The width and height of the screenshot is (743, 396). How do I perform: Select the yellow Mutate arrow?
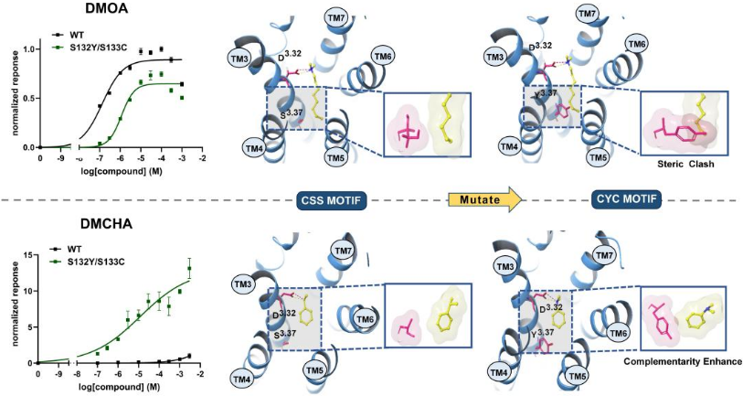(x=485, y=199)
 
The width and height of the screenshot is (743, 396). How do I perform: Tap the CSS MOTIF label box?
(x=333, y=200)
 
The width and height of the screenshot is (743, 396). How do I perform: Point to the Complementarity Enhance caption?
(x=683, y=361)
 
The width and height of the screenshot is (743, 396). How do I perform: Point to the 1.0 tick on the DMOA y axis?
(x=28, y=49)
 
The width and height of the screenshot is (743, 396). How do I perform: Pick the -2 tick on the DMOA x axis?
(x=202, y=157)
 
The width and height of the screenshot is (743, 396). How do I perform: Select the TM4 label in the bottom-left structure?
(x=241, y=379)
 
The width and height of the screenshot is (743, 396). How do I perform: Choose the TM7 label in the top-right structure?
(x=587, y=15)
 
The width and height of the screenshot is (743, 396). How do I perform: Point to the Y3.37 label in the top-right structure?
(x=546, y=94)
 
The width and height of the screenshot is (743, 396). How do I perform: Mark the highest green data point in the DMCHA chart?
(x=189, y=269)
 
